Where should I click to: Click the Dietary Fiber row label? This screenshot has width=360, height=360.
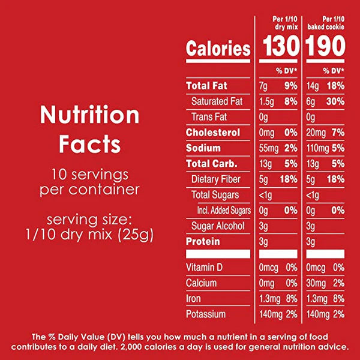pyautogui.click(x=215, y=179)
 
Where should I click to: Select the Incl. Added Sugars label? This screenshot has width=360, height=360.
pyautogui.click(x=223, y=211)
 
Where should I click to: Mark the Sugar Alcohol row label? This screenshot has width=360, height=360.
pyautogui.click(x=218, y=226)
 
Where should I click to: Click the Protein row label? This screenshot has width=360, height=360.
pyautogui.click(x=203, y=242)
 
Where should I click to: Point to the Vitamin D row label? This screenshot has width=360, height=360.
pyautogui.click(x=205, y=267)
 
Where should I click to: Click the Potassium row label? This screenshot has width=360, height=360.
pyautogui.click(x=206, y=314)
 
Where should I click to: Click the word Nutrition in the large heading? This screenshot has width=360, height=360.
pyautogui.click(x=89, y=115)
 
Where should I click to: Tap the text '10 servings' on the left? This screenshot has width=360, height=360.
pyautogui.click(x=89, y=175)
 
